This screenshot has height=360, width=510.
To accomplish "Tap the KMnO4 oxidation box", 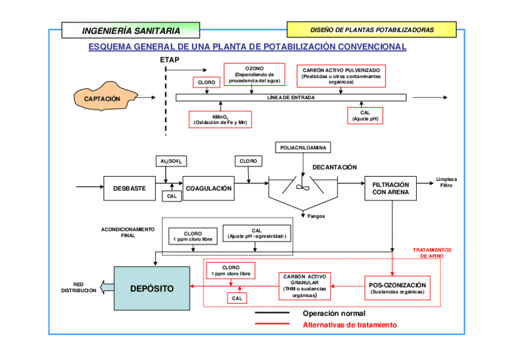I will pyautogui.click(x=220, y=119).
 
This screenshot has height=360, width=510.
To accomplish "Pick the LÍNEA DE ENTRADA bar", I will pyautogui.click(x=290, y=97).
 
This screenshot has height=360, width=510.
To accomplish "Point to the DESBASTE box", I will pyautogui.click(x=129, y=188).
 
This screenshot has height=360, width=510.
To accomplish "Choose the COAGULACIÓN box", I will pyautogui.click(x=208, y=188).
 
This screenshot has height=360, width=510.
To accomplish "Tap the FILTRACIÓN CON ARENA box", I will pyautogui.click(x=390, y=188).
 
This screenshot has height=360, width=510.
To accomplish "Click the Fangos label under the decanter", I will pyautogui.click(x=316, y=216).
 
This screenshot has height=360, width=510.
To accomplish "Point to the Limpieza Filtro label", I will pyautogui.click(x=446, y=182).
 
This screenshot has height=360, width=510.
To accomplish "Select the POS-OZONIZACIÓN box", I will pyautogui.click(x=397, y=288).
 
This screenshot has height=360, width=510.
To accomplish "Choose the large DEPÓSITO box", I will pyautogui.click(x=152, y=288).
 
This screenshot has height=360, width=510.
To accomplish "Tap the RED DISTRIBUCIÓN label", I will pyautogui.click(x=78, y=287).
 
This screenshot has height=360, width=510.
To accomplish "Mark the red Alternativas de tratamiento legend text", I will pyautogui.click(x=349, y=325).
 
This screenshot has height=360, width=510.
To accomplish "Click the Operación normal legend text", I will pyautogui.click(x=334, y=313).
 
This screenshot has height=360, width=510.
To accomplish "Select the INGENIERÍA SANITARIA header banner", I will pyautogui.click(x=131, y=29).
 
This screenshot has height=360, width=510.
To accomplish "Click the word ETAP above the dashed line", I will pyautogui.click(x=170, y=60).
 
